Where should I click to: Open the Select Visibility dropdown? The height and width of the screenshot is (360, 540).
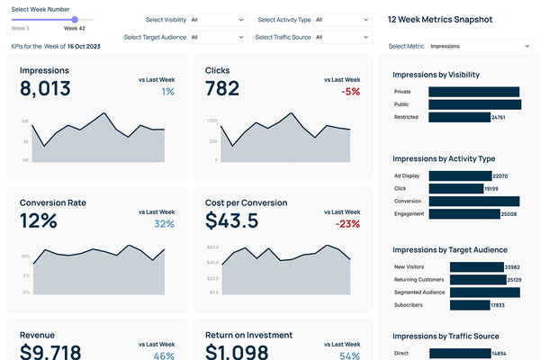[x=217, y=19]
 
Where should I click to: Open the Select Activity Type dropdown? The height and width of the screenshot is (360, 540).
[x=340, y=19]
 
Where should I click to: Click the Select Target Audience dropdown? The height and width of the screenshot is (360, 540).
[x=217, y=37]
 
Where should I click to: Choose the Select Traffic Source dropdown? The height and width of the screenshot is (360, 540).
[x=340, y=37]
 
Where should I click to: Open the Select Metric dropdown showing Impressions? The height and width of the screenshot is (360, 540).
[x=481, y=45]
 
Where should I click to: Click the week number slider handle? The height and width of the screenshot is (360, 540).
[x=74, y=19]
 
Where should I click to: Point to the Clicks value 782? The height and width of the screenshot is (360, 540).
[x=222, y=88]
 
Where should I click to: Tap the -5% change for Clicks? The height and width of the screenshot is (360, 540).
[x=351, y=92]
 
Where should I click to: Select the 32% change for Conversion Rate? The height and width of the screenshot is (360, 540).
[x=165, y=224]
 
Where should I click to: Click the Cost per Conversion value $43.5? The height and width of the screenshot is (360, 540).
[x=231, y=220]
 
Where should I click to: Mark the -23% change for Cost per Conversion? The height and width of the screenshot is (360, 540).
[x=348, y=224]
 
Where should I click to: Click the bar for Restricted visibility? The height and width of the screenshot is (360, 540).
[x=459, y=117]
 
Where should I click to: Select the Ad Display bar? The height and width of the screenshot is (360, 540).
[x=460, y=175]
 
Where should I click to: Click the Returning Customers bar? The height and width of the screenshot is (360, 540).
[x=463, y=280]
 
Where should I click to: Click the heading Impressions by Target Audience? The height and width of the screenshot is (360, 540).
[x=450, y=249]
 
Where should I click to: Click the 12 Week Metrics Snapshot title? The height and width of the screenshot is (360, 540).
[x=439, y=19]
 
